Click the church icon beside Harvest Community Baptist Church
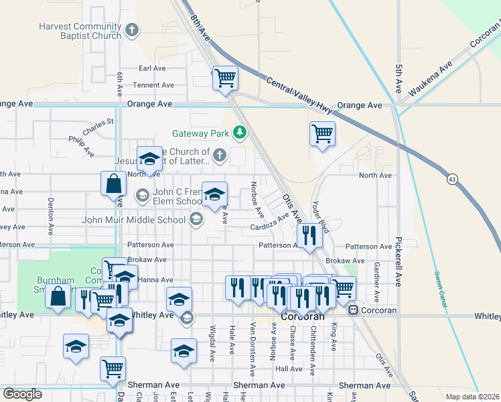pyautogui.click(x=132, y=30)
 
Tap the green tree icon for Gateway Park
pyautogui.click(x=238, y=133)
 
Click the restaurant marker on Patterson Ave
pyautogui.click(x=309, y=236)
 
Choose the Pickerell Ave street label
pyautogui.click(x=398, y=261)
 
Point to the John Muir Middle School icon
pyautogui.click(x=196, y=219)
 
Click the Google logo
pyautogui.click(x=22, y=394)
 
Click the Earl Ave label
pyautogui.click(x=151, y=68)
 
